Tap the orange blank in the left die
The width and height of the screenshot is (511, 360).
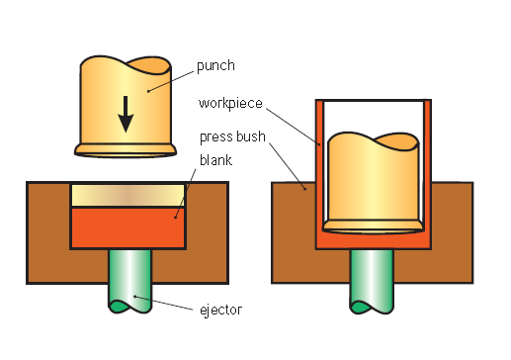(128, 226)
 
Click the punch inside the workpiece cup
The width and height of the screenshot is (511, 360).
(372, 183)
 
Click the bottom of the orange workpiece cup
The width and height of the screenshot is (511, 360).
(374, 240)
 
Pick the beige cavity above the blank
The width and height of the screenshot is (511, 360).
(128, 195)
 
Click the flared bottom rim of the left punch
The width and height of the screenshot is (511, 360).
(128, 150)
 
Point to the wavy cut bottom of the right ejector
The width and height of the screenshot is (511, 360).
(372, 304)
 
